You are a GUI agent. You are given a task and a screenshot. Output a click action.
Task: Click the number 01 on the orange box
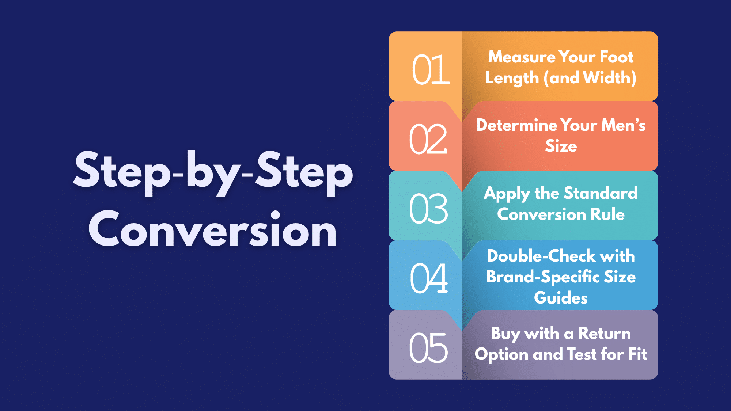[x=431, y=69]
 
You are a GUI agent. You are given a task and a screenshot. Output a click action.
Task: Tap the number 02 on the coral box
[x=428, y=139]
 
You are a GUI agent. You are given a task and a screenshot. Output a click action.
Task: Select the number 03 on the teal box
[x=428, y=209]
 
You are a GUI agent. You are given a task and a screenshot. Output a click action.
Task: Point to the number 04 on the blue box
[x=429, y=278]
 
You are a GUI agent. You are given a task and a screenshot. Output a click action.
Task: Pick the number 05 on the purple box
[x=428, y=348]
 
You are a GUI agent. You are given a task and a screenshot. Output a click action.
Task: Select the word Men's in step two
[x=624, y=125]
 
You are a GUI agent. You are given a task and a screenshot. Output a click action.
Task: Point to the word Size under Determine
[x=561, y=146]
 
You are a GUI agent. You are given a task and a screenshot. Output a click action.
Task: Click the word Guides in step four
[x=561, y=298]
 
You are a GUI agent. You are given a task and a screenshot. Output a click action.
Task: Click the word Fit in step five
[x=638, y=354]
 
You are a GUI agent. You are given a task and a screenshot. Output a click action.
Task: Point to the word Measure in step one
[x=522, y=57]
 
